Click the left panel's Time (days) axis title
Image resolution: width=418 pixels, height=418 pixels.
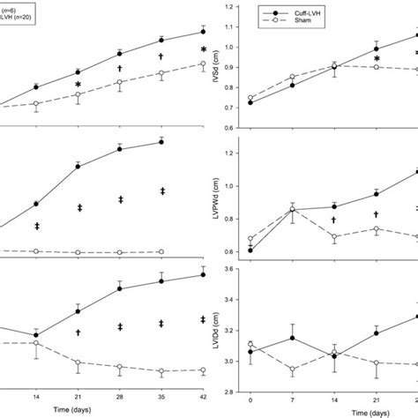pos(120,412)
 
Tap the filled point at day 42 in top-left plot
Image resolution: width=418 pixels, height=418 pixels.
pos(203,32)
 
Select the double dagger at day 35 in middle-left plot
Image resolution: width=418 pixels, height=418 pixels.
pos(162,191)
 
